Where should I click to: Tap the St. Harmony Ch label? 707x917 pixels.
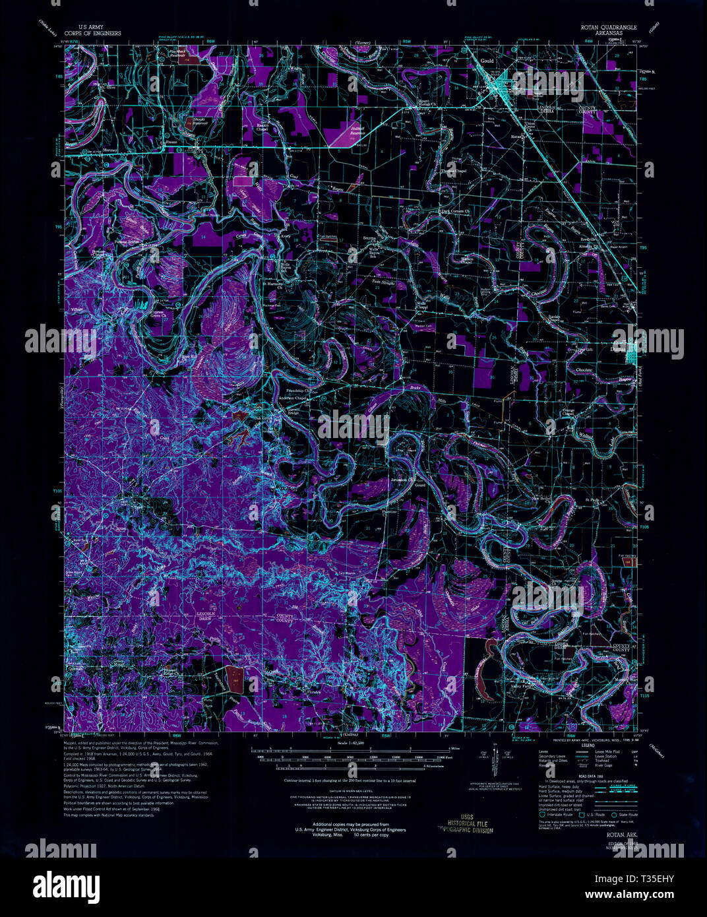(x=273, y=285)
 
